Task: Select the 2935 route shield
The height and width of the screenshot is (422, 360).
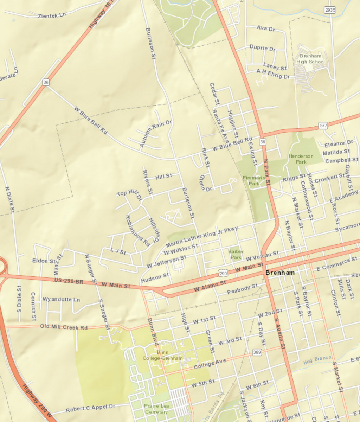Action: pos(330,10)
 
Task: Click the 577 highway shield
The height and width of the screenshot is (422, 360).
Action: pos(323,125)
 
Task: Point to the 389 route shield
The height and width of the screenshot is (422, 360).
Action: pos(257,352)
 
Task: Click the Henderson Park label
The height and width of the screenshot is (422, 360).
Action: pos(301,159)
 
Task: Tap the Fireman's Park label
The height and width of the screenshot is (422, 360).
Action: pos(254,181)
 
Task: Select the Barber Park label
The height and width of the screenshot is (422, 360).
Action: pos(236,254)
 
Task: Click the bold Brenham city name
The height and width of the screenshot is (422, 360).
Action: pos(280,273)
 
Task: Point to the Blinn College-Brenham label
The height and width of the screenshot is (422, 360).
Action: pos(163,355)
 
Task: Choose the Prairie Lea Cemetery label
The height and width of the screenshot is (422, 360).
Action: pos(156,409)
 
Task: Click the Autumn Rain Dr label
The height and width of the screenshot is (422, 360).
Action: pos(155,133)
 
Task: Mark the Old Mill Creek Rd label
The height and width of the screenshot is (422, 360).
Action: pos(64,327)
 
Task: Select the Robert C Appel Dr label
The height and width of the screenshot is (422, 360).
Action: pos(90,408)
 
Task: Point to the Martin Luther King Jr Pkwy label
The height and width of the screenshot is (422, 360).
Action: pos(202,236)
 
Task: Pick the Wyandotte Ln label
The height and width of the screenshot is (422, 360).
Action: pos(61,299)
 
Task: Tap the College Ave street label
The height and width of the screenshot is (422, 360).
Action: pos(210,364)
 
